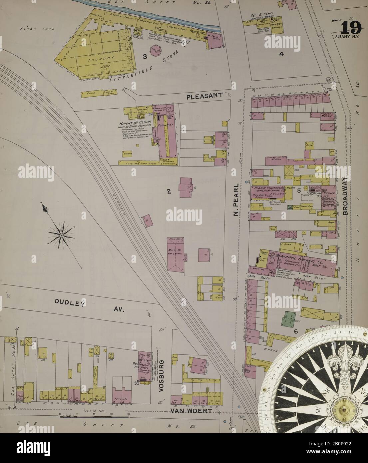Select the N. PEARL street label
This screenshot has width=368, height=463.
[x=236, y=199]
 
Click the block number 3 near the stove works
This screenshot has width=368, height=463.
[x=145, y=57]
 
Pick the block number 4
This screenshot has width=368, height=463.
[x=281, y=54]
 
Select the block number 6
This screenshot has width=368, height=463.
[x=295, y=331]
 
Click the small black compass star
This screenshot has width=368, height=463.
[x=61, y=235]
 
